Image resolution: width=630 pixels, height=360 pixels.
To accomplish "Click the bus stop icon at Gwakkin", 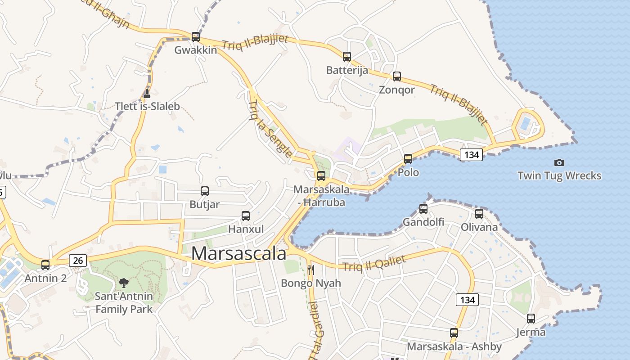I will [x=196, y=37].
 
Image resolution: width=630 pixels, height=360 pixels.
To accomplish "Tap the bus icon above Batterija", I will [x=347, y=57].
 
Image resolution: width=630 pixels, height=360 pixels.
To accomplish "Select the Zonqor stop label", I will [x=396, y=90].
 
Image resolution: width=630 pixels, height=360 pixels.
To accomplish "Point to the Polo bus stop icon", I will [x=408, y=159].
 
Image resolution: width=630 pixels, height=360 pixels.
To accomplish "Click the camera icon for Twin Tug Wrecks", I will [x=559, y=162].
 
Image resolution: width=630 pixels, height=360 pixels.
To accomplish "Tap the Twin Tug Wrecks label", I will [x=559, y=175].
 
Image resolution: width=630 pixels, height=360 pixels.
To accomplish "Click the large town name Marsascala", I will [x=238, y=254].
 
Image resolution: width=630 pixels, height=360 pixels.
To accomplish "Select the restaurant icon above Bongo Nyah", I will [x=311, y=270].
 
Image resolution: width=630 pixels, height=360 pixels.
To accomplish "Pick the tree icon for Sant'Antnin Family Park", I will [x=124, y=283].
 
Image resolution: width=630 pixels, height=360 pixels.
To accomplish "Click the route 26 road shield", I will [x=78, y=260].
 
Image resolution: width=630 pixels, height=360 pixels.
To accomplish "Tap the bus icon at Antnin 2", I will [x=45, y=265].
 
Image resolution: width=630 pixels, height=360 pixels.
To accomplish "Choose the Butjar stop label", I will [x=205, y=204].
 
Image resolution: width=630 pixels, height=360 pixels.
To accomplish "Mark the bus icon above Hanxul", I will [x=246, y=216].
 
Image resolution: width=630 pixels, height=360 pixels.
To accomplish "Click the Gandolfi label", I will [x=423, y=222].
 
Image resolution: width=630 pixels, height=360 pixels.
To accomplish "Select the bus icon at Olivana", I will [x=479, y=214].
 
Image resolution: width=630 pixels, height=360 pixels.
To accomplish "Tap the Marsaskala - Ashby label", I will [x=454, y=346].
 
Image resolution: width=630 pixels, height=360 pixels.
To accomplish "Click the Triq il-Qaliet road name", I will [x=374, y=263].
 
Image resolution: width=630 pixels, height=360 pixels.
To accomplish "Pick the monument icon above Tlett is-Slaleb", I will [x=147, y=94].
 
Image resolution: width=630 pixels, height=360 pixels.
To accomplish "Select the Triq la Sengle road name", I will [x=270, y=130].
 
